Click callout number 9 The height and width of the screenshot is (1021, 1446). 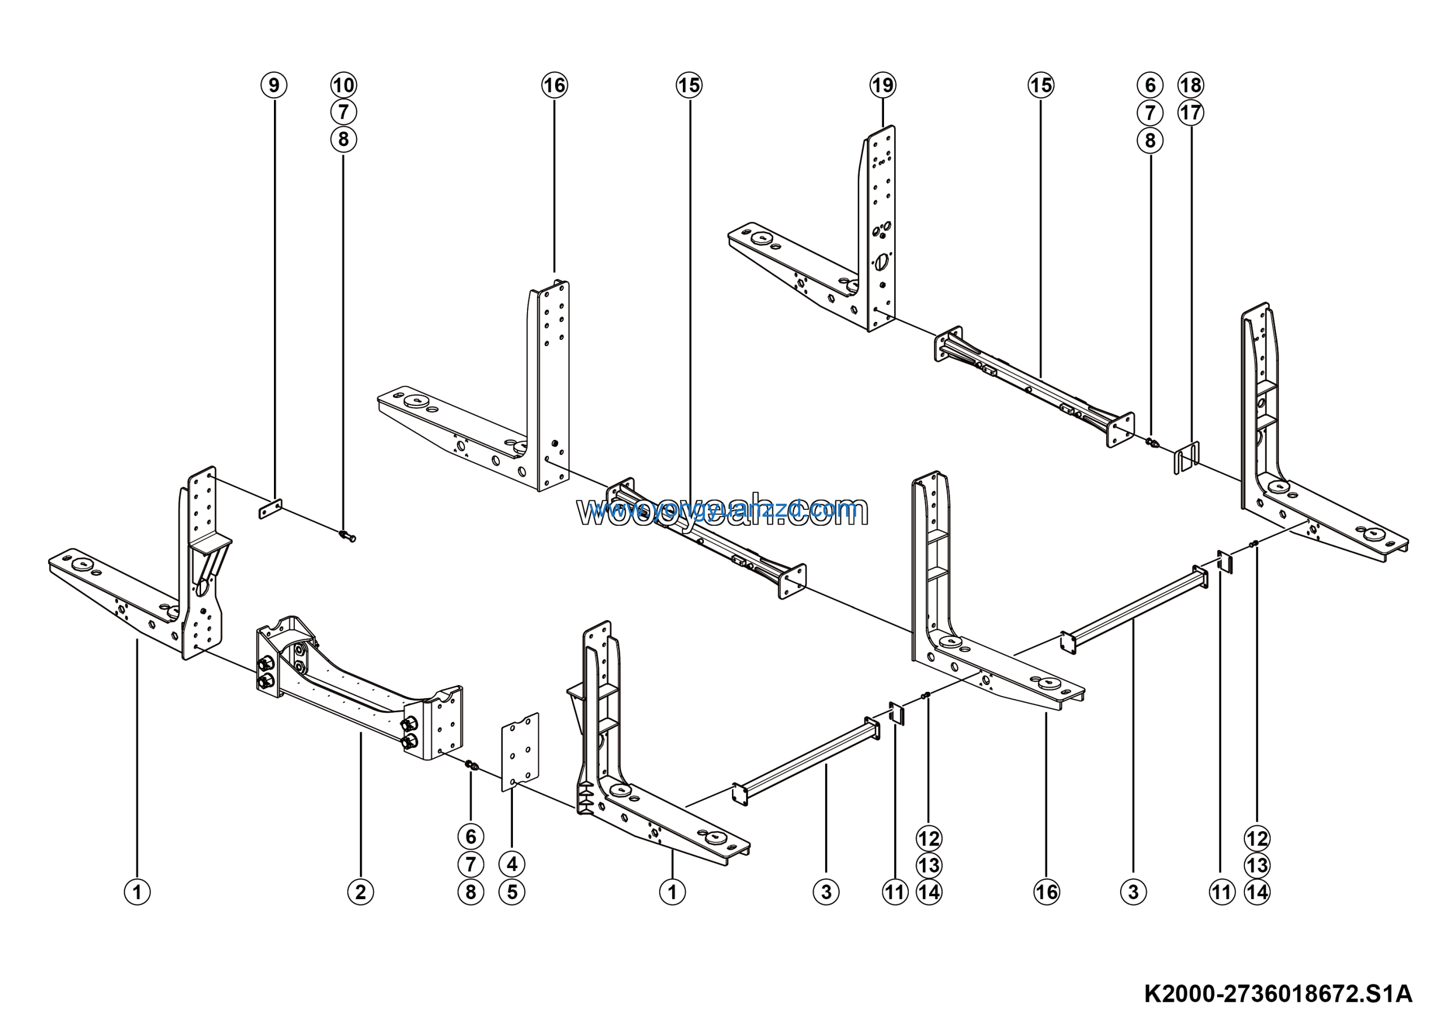(x=274, y=85)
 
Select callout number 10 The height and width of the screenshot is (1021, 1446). (x=343, y=85)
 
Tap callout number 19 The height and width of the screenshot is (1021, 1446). (x=882, y=85)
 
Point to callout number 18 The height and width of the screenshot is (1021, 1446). (x=1190, y=85)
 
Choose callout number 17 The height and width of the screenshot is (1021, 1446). (x=1190, y=114)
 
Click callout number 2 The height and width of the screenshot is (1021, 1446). (x=360, y=892)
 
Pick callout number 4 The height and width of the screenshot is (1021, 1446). (x=512, y=864)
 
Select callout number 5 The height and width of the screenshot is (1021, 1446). (x=512, y=892)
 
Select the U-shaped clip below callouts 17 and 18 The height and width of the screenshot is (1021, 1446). (x=1187, y=457)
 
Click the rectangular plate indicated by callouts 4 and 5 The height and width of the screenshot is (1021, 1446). (x=520, y=752)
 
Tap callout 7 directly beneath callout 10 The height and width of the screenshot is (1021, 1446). (x=343, y=112)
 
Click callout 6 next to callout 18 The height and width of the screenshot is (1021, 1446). (x=1150, y=85)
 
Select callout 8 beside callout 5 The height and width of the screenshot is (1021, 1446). (x=471, y=892)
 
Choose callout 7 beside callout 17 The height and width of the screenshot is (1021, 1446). (x=1150, y=114)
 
